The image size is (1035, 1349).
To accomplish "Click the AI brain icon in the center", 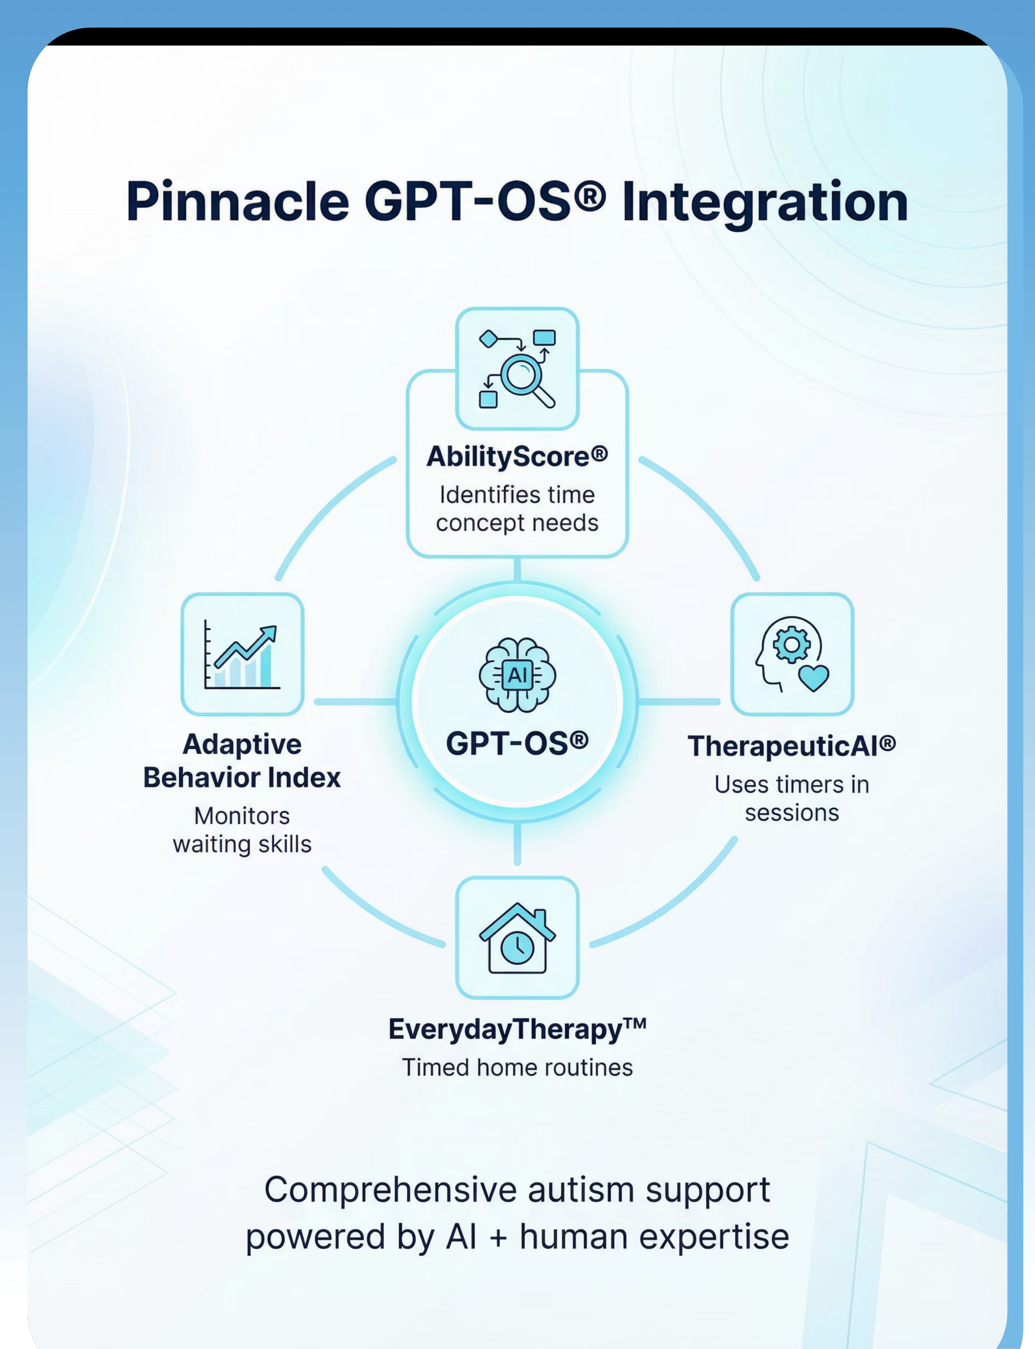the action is pos(517,675).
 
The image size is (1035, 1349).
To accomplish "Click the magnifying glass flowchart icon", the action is pos(517,368).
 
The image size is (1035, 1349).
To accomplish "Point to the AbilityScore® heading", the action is pos(517,457).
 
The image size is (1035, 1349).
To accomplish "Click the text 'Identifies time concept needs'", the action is pos(517,509).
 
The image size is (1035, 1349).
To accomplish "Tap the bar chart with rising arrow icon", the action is pos(242,654).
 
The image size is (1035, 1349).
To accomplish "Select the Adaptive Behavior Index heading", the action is pos(242,761).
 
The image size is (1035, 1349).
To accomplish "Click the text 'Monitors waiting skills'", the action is pos(242,830).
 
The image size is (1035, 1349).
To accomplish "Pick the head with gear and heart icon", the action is pos(792,654).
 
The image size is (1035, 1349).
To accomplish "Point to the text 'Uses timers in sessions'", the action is pos(792,798).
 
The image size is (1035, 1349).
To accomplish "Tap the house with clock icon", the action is pos(517,938).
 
